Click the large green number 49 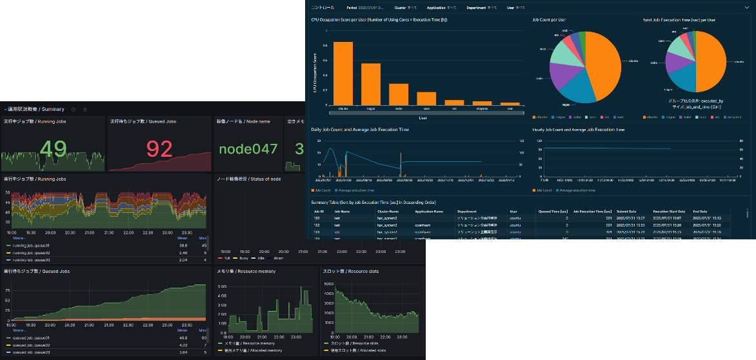(x=53, y=150)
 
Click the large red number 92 (x=159, y=150)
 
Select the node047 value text (x=247, y=150)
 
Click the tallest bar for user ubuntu (x=343, y=73)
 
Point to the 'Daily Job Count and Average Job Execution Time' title (x=360, y=130)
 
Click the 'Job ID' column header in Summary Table (x=319, y=211)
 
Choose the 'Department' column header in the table (x=467, y=211)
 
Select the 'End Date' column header (x=700, y=211)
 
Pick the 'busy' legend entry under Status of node (x=244, y=258)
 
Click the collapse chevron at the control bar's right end (x=746, y=8)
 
